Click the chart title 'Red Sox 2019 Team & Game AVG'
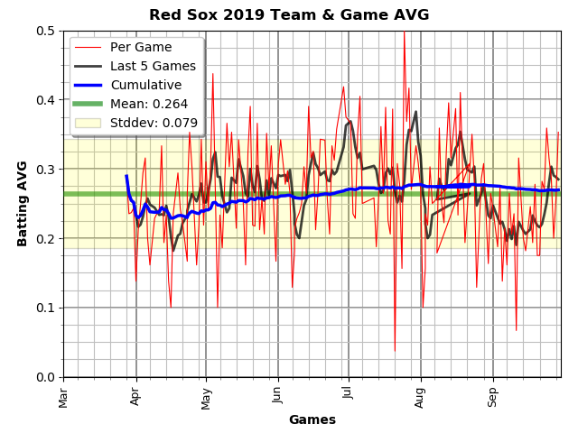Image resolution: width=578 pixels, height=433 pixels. (x=289, y=15)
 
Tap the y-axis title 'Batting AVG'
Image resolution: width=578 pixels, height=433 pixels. (x=23, y=203)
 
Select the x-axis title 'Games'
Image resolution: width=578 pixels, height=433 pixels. (x=312, y=419)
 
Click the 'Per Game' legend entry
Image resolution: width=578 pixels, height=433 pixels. (x=141, y=47)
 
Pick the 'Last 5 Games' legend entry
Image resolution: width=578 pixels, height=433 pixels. (x=153, y=66)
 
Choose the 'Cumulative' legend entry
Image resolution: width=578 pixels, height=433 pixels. (x=146, y=85)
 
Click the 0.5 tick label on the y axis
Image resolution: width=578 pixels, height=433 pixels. (x=45, y=31)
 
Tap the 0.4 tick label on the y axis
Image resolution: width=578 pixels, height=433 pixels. (x=45, y=100)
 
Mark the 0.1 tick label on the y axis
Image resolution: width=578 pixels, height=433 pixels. (x=45, y=308)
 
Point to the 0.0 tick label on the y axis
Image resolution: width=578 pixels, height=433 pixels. (x=45, y=377)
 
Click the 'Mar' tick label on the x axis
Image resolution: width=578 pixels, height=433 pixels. (x=64, y=395)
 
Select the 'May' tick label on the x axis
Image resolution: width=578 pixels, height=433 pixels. (x=207, y=395)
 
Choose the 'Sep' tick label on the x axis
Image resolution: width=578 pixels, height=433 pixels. (x=492, y=395)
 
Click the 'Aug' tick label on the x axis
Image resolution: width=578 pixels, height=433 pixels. (x=420, y=395)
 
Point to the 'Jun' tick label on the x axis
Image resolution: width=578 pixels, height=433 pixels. (x=278, y=394)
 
